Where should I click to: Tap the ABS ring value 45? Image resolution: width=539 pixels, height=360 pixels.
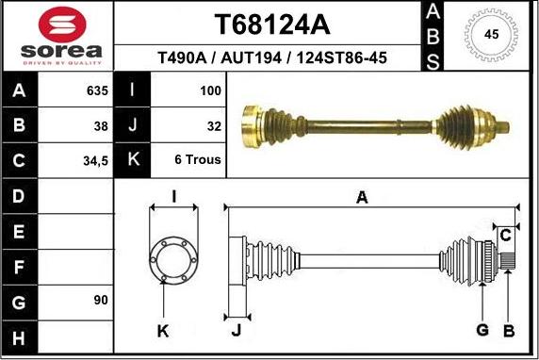pyautogui.click(x=491, y=34)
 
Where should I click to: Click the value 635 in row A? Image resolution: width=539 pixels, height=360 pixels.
pyautogui.click(x=97, y=91)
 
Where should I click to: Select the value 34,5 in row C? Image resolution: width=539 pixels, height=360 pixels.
pyautogui.click(x=95, y=160)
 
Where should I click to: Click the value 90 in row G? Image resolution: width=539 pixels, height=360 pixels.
pyautogui.click(x=101, y=300)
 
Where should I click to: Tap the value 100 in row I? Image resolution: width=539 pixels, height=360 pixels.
pyautogui.click(x=210, y=91)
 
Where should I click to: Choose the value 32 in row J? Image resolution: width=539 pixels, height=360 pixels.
pyautogui.click(x=213, y=125)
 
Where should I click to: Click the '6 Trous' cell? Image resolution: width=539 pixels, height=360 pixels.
pyautogui.click(x=198, y=160)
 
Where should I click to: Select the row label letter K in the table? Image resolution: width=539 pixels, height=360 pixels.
pyautogui.click(x=133, y=160)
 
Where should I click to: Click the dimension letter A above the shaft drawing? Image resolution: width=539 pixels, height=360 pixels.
pyautogui.click(x=361, y=196)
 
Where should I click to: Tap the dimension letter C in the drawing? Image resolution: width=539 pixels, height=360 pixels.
pyautogui.click(x=505, y=234)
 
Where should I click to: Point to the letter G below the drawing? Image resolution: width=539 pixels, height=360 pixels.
pyautogui.click(x=482, y=329)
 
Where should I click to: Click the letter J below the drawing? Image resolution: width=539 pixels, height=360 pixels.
pyautogui.click(x=236, y=329)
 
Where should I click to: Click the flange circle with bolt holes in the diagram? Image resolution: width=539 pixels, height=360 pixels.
pyautogui.click(x=173, y=256)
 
